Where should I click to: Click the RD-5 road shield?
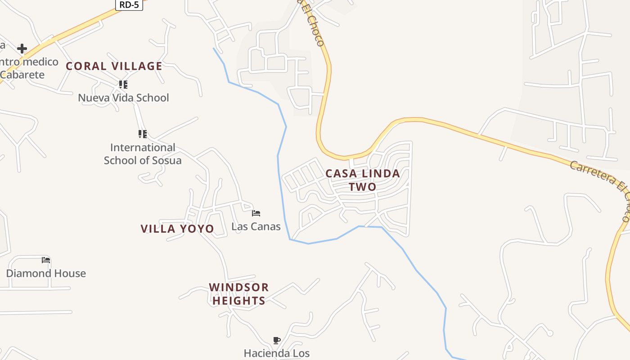pos(129,5)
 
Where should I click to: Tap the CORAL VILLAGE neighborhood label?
pos(114,66)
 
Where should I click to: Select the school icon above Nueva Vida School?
pos(123,84)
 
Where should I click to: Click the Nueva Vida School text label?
pos(123,98)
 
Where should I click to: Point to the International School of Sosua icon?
pos(143,134)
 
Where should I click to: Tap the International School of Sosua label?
pos(143,154)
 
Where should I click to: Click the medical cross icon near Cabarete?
pos(22,48)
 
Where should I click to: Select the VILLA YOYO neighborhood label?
pos(177,229)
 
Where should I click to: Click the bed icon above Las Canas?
pos(256,213)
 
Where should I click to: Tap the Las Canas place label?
pos(256,226)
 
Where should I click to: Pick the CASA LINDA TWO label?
pos(363,180)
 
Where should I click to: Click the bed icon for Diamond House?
pos(46,260)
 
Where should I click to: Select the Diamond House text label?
pos(46,273)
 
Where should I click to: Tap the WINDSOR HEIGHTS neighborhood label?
pos(238,294)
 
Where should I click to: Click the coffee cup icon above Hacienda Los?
pos(277,340)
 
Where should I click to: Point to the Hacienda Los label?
pos(277,353)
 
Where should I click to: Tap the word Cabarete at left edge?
pos(22,75)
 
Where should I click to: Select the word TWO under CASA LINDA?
pos(363,186)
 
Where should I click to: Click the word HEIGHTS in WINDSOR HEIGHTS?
pos(238,301)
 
